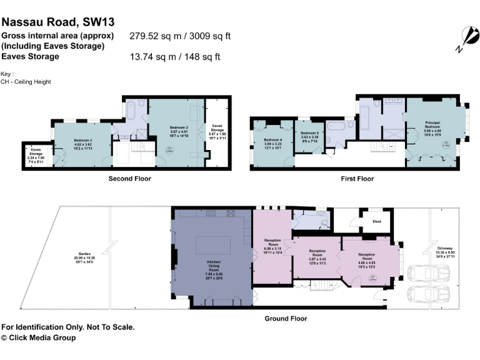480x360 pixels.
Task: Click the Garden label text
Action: coord(83,257)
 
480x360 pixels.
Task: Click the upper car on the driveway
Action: coord(419,273)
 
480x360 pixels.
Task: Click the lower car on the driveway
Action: coord(419,293)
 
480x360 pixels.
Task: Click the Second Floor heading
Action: coord(130,178)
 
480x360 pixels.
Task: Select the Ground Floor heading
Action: coord(286,318)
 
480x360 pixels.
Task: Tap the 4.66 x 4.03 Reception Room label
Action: coord(366,257)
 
